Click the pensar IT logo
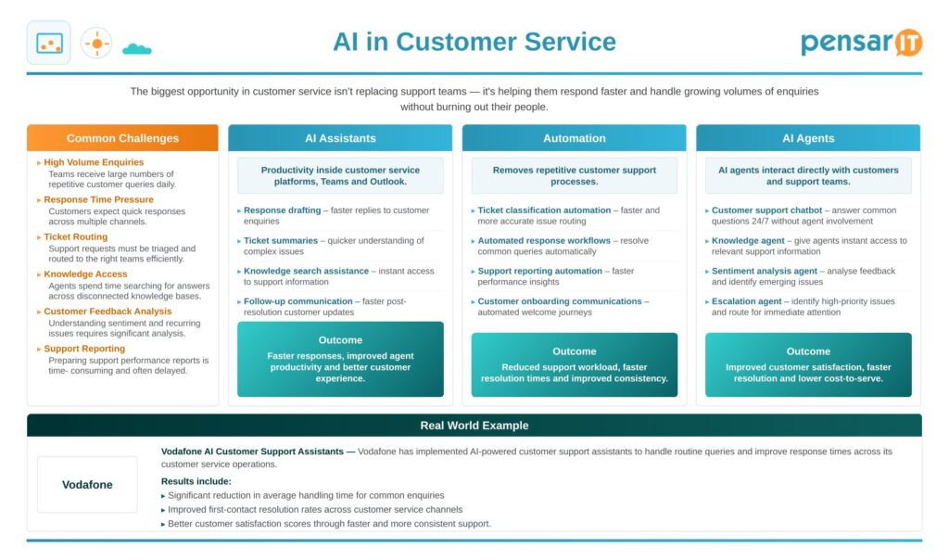tap(861, 43)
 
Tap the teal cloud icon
tap(137, 49)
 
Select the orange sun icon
tap(96, 44)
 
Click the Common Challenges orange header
tap(122, 138)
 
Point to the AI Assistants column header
tap(340, 138)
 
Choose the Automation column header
tap(575, 138)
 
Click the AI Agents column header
tap(808, 138)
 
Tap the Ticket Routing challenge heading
tap(76, 236)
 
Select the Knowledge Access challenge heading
tap(85, 274)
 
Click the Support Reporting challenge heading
tap(84, 349)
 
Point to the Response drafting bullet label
tap(282, 210)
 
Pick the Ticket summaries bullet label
tap(281, 240)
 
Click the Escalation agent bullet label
tap(746, 301)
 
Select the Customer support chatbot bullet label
tap(766, 210)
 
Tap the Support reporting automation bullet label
tap(540, 271)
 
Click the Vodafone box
tap(87, 484)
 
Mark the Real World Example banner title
tap(474, 426)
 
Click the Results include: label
tap(196, 481)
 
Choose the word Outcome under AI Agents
tap(808, 351)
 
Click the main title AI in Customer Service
tap(474, 42)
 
